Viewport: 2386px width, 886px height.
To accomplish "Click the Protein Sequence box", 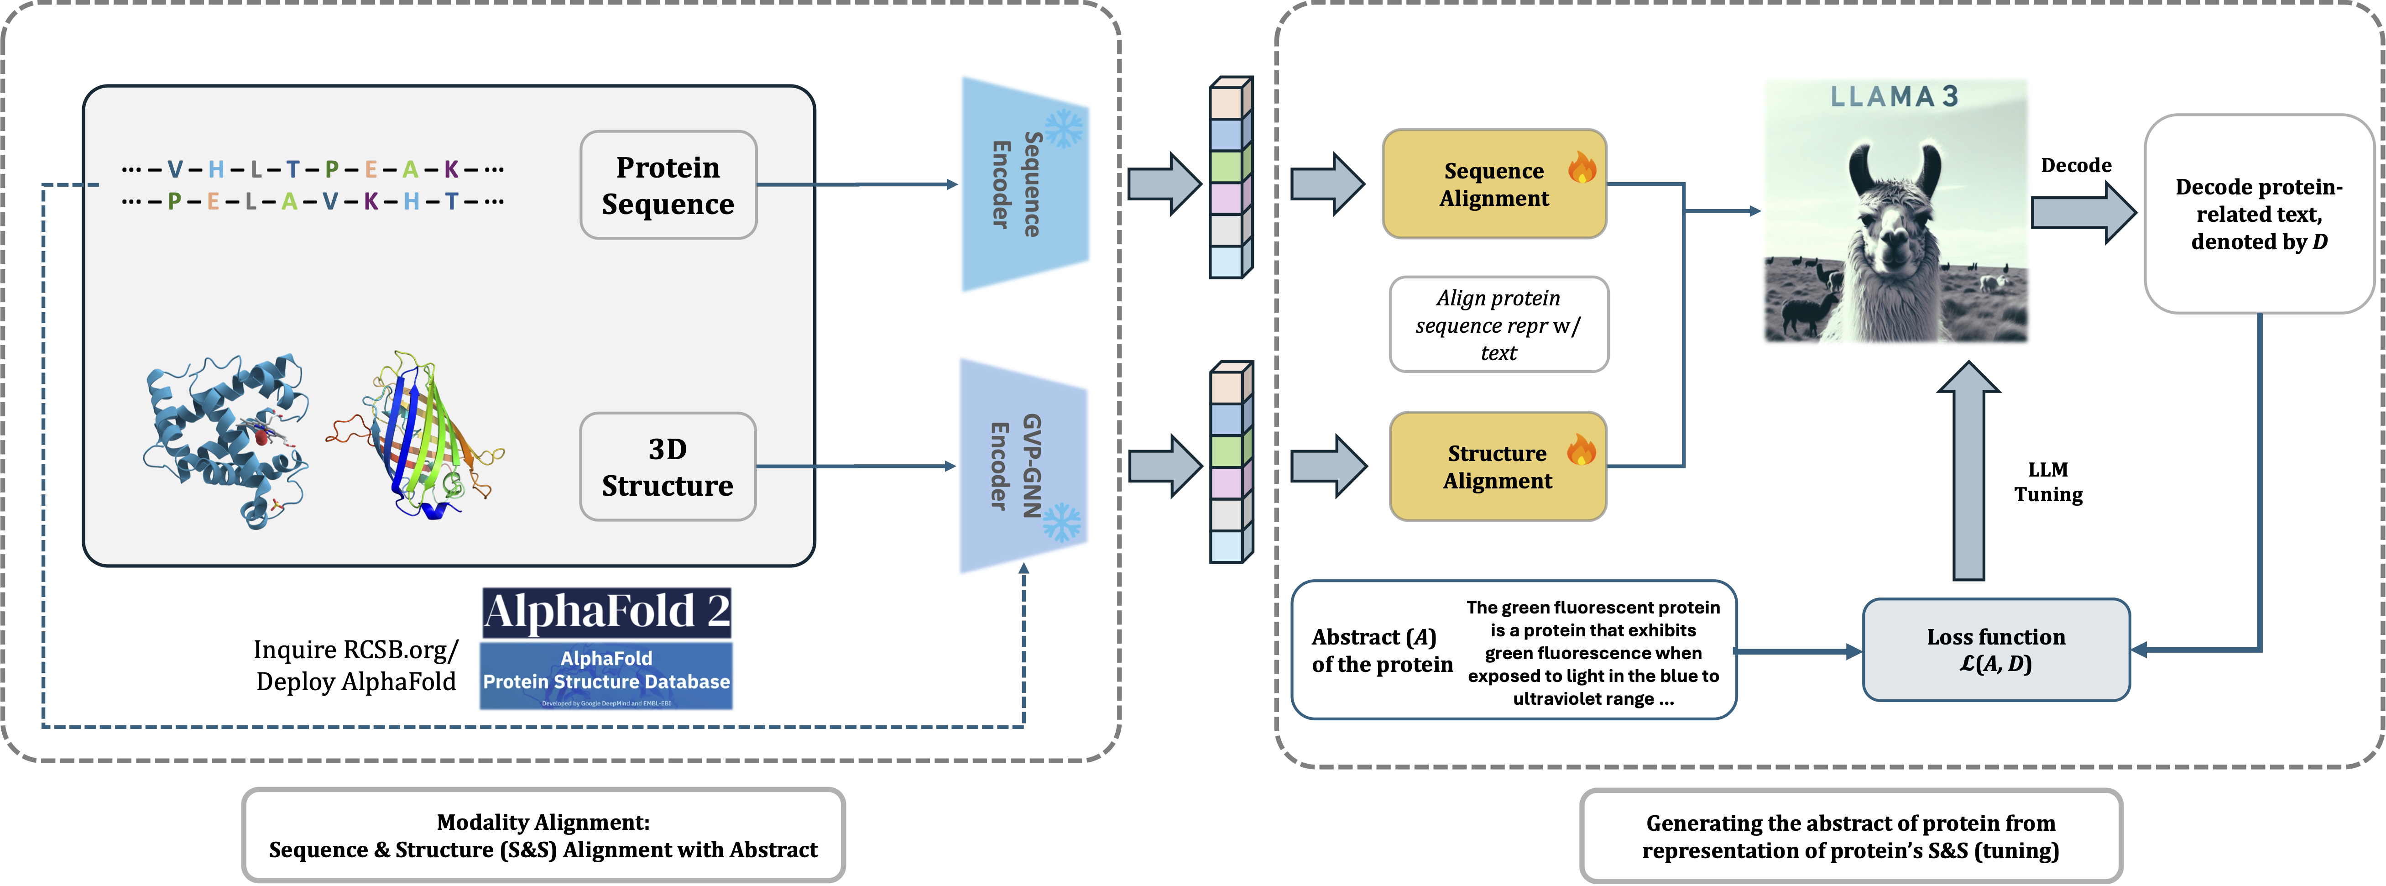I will point(668,185).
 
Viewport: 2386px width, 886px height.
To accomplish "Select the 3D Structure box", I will point(668,467).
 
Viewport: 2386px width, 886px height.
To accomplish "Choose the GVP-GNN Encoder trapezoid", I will point(1022,466).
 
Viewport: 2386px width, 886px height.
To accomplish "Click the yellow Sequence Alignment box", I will point(1493,184).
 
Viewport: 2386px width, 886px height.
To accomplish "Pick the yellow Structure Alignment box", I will point(1497,467).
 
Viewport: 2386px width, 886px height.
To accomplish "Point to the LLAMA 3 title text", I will point(1894,96).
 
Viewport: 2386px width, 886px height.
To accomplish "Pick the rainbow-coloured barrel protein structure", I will point(422,435).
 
